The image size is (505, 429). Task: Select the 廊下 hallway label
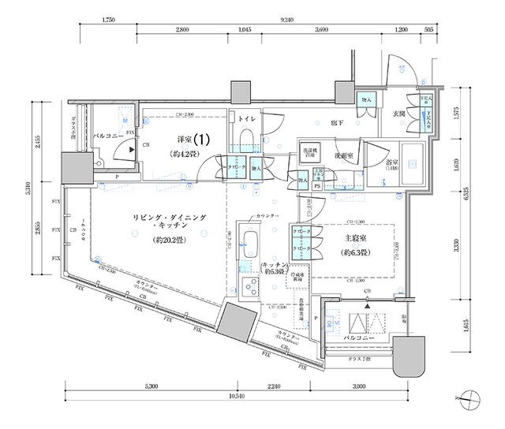pyautogui.click(x=337, y=123)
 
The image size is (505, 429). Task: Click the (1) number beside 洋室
pyautogui.click(x=202, y=138)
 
